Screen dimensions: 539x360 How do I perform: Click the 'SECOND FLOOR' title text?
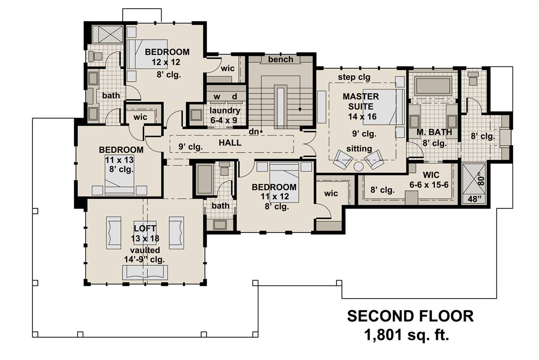(410, 316)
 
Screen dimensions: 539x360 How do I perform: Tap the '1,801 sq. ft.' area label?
(406, 335)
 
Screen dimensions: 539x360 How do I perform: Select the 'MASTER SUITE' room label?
(361, 101)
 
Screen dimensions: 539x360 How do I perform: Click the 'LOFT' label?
(145, 228)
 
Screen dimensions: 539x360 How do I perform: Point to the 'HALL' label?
(230, 143)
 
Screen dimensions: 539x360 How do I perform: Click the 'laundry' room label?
(225, 110)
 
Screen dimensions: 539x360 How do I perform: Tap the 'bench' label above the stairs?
(281, 59)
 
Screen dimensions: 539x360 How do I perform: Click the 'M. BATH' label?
(434, 132)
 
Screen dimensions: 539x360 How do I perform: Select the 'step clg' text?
(354, 77)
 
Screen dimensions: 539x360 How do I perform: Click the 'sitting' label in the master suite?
(359, 149)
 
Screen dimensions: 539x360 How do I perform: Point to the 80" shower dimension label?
(481, 179)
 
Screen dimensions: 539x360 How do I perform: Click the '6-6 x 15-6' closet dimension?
(429, 184)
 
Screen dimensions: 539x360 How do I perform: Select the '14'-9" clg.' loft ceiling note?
(144, 259)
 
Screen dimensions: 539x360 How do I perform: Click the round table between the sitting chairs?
(358, 167)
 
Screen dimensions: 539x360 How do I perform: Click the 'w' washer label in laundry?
(217, 97)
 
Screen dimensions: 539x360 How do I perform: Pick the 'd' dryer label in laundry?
(234, 96)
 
